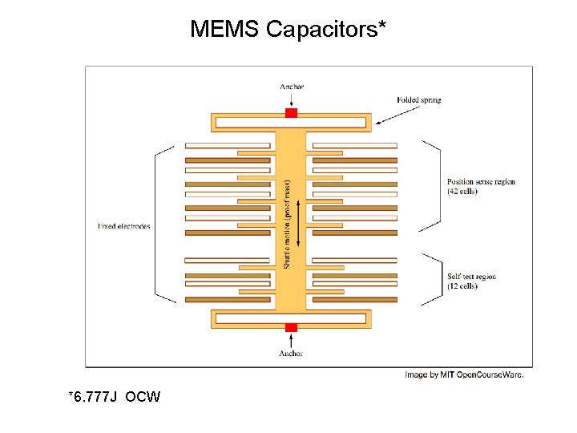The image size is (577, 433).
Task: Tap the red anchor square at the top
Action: click(291, 113)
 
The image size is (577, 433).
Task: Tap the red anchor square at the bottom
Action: click(291, 327)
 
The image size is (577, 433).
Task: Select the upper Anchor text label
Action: click(292, 87)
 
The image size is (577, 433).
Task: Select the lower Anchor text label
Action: click(291, 353)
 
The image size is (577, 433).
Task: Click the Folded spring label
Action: click(419, 100)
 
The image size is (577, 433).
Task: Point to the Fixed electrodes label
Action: click(124, 226)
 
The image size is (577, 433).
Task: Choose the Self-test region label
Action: click(472, 281)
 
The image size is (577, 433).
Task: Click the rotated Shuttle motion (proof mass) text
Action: click(288, 224)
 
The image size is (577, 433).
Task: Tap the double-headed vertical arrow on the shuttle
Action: click(298, 224)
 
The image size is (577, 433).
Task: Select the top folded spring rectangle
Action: click(291, 123)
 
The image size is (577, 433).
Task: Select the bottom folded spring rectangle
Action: click(291, 318)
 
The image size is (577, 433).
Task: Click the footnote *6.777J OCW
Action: click(115, 397)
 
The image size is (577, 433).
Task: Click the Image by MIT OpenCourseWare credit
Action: click(464, 374)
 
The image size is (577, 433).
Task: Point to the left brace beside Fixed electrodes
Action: click(163, 225)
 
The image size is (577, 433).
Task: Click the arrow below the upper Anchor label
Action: click(292, 99)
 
